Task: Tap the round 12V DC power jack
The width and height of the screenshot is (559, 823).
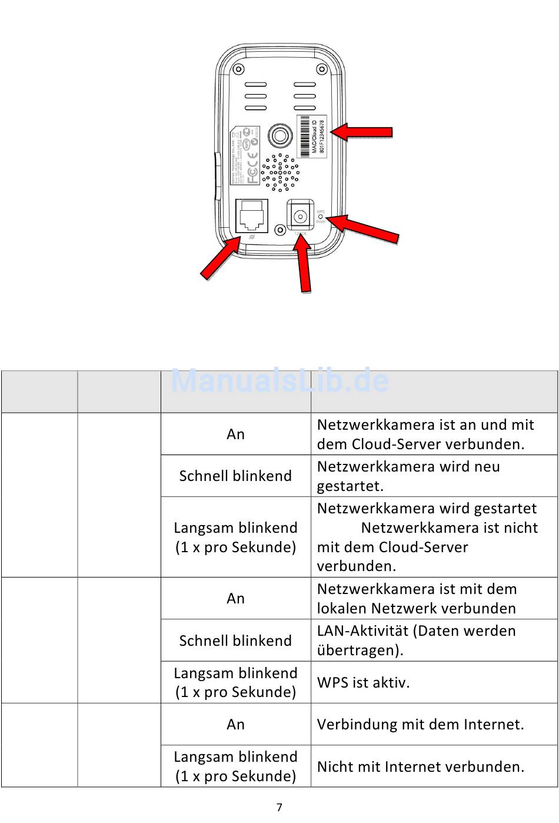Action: [x=300, y=216]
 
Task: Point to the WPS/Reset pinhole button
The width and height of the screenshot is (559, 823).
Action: [x=321, y=217]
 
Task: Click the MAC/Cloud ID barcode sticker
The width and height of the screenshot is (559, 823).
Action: [x=312, y=137]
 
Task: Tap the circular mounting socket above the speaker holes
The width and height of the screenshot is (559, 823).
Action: [x=280, y=136]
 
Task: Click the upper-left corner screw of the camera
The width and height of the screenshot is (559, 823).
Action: [x=238, y=69]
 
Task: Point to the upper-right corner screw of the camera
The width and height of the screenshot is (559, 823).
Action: [x=322, y=69]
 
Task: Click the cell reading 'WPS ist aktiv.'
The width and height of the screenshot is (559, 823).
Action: [x=363, y=682]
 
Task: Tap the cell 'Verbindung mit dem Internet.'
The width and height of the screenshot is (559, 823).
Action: [x=420, y=724]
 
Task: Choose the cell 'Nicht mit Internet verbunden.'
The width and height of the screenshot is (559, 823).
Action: [x=420, y=766]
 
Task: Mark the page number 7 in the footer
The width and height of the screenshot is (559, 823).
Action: [x=279, y=807]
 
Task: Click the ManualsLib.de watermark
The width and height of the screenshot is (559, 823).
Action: [x=279, y=380]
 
